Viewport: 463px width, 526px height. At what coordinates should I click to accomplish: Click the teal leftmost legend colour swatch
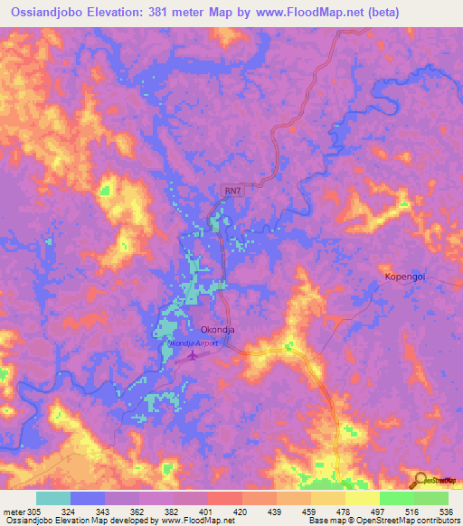[53, 498]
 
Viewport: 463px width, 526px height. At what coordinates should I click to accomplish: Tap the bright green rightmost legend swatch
[431, 498]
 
